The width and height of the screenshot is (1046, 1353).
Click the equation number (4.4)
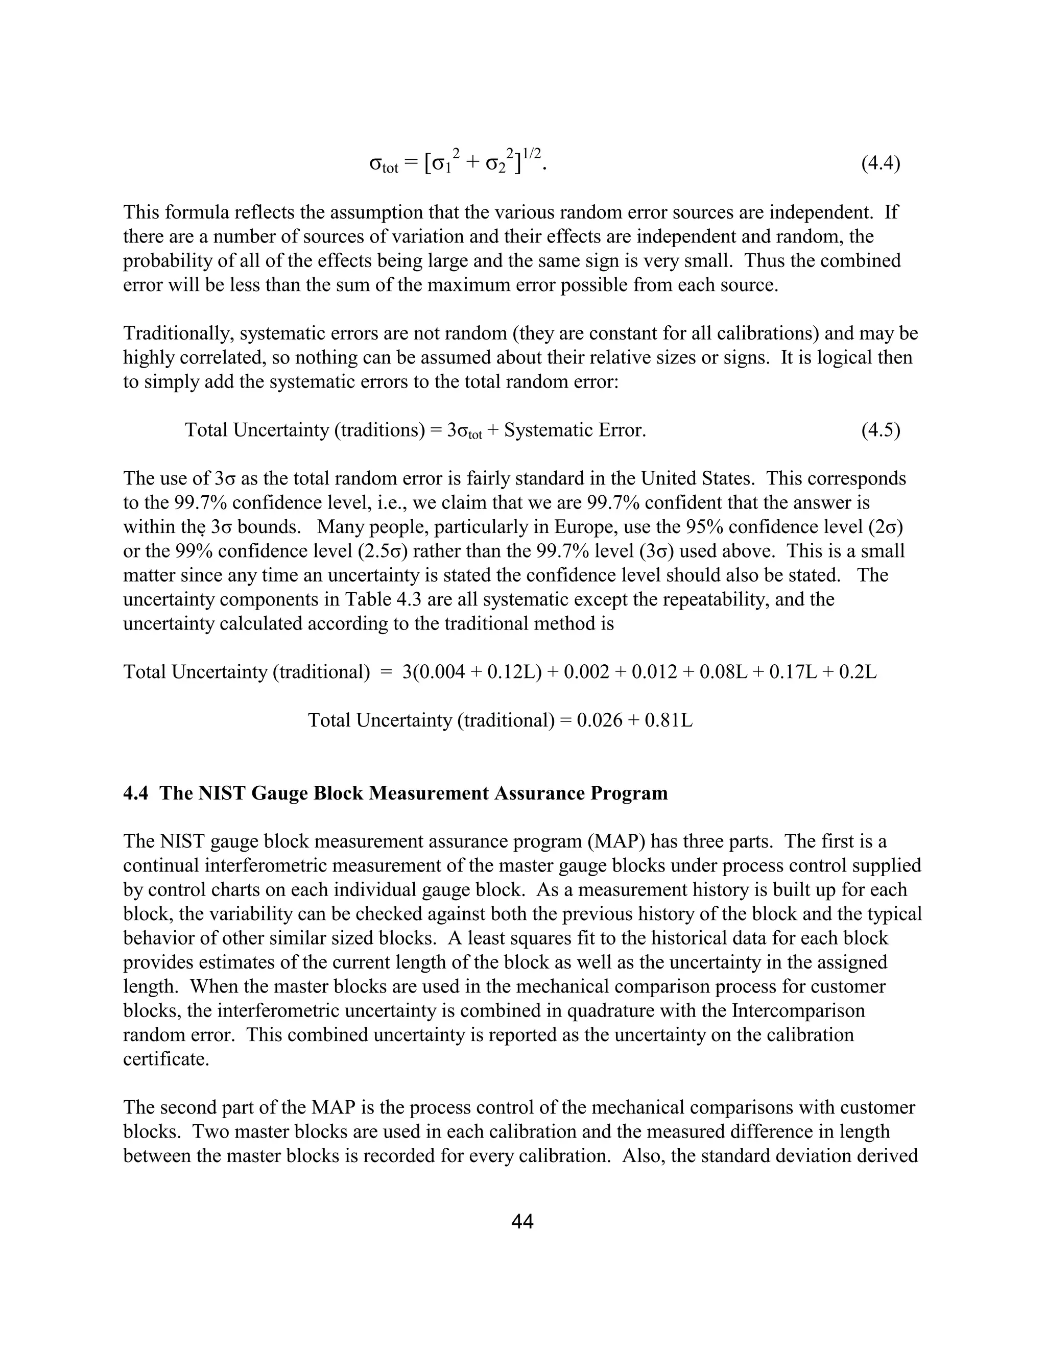880,164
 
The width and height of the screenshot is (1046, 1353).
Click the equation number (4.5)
880,430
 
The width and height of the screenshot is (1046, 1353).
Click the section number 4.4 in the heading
136,793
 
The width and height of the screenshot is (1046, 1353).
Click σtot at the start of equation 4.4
384,165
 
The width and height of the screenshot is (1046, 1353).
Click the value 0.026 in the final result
599,720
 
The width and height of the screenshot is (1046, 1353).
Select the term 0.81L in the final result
669,720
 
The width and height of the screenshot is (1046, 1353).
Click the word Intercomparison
797,1011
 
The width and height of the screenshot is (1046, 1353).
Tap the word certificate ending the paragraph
165,1059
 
